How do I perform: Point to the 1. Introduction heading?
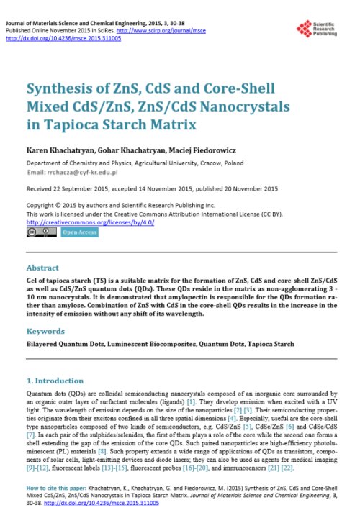(54, 380)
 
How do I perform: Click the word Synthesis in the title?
(60, 89)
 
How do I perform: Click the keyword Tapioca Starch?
(271, 345)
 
